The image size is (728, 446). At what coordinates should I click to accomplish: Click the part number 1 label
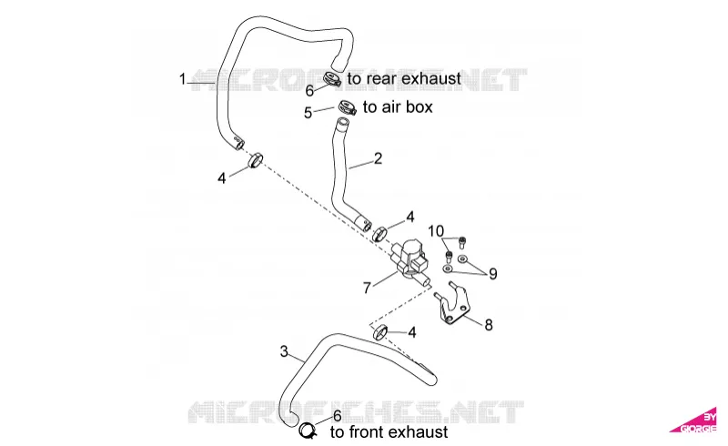pos(183,79)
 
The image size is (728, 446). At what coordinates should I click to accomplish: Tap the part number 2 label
pos(378,158)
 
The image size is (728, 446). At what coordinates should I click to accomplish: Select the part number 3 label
pos(284,351)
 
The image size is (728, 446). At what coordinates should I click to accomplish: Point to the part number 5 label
pos(308,113)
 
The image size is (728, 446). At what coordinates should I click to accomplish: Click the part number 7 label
pos(367,288)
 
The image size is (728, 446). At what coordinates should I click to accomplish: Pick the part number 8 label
pos(488,325)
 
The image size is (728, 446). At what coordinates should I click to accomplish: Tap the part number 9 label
pos(492,274)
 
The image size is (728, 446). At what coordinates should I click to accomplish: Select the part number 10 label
pos(436,231)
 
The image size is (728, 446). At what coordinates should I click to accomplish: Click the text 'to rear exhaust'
pos(404,78)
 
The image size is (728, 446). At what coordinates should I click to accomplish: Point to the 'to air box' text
pos(398,106)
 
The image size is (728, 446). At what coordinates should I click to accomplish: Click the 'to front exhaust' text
pos(389,432)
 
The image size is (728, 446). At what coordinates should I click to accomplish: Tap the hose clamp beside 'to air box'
pos(347,107)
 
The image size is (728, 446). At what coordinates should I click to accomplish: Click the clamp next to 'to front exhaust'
pos(308,431)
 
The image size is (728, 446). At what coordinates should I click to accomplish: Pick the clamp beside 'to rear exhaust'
pos(332,79)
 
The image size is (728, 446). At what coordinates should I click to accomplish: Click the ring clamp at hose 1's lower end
pos(256,161)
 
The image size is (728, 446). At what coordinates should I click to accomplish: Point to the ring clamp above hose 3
pos(379,332)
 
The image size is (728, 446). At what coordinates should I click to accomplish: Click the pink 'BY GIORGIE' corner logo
pos(695,421)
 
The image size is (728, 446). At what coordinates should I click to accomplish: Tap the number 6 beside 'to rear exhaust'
pos(309,91)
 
